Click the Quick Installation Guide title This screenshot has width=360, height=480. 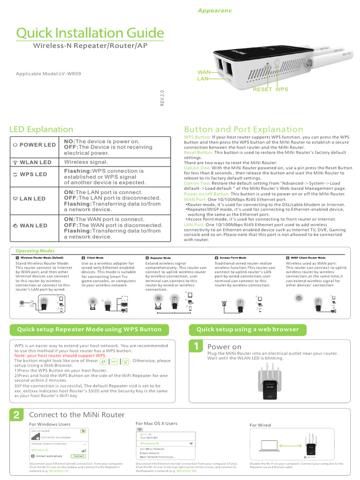[x=90, y=33]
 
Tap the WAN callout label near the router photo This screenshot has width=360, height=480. [x=204, y=73]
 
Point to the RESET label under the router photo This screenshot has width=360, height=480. [x=262, y=89]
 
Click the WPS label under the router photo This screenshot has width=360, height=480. [x=282, y=89]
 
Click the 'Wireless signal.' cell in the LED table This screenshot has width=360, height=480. [x=86, y=162]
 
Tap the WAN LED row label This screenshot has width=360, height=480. [x=30, y=225]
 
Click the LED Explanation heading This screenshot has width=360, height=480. [x=41, y=129]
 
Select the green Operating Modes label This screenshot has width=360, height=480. [x=35, y=251]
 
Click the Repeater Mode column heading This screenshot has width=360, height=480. [x=160, y=258]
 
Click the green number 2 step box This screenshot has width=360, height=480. [x=16, y=415]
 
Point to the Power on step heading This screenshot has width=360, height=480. [x=225, y=347]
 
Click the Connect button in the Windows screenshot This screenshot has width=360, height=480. [x=78, y=456]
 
